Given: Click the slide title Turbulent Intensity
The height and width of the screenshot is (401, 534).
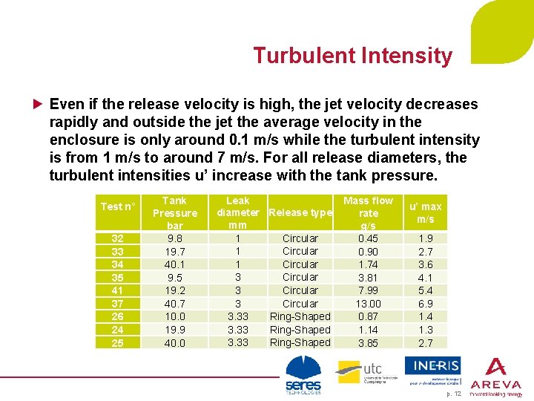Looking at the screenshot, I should click(352, 56).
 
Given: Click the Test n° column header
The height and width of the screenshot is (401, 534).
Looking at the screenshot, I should click(118, 206).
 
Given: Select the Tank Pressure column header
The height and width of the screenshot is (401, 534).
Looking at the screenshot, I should click(175, 212).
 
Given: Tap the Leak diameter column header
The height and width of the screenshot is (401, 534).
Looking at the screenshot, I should click(238, 212).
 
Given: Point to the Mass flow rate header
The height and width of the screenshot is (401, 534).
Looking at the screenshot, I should click(368, 212).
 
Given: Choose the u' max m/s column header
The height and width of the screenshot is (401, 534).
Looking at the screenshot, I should click(425, 212).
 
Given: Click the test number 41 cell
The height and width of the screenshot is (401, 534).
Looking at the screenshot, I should click(117, 290).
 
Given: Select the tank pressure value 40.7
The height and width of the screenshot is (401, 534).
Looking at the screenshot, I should click(175, 304).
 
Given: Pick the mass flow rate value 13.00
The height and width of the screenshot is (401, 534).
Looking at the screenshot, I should click(368, 304).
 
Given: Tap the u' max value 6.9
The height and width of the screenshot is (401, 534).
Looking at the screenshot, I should click(425, 304).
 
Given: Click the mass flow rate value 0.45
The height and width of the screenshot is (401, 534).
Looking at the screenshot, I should click(368, 238).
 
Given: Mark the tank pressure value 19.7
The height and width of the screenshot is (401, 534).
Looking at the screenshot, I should click(175, 252).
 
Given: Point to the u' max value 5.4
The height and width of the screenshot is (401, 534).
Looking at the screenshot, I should click(425, 290).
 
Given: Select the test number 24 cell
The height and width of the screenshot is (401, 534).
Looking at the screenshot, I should click(117, 330).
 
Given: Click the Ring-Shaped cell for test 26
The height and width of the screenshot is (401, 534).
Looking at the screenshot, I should click(300, 316).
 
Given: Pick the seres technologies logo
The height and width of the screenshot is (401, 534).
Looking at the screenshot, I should click(303, 376).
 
